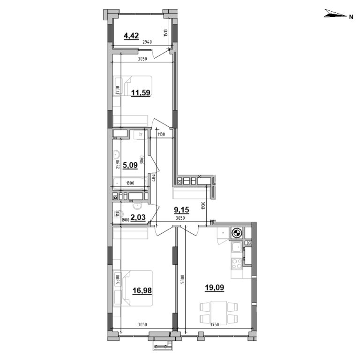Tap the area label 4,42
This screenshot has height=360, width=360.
(x=131, y=35)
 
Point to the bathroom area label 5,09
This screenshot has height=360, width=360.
(x=131, y=165)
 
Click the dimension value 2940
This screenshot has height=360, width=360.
(x=147, y=42)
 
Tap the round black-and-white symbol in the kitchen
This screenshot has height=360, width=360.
(x=237, y=233)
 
